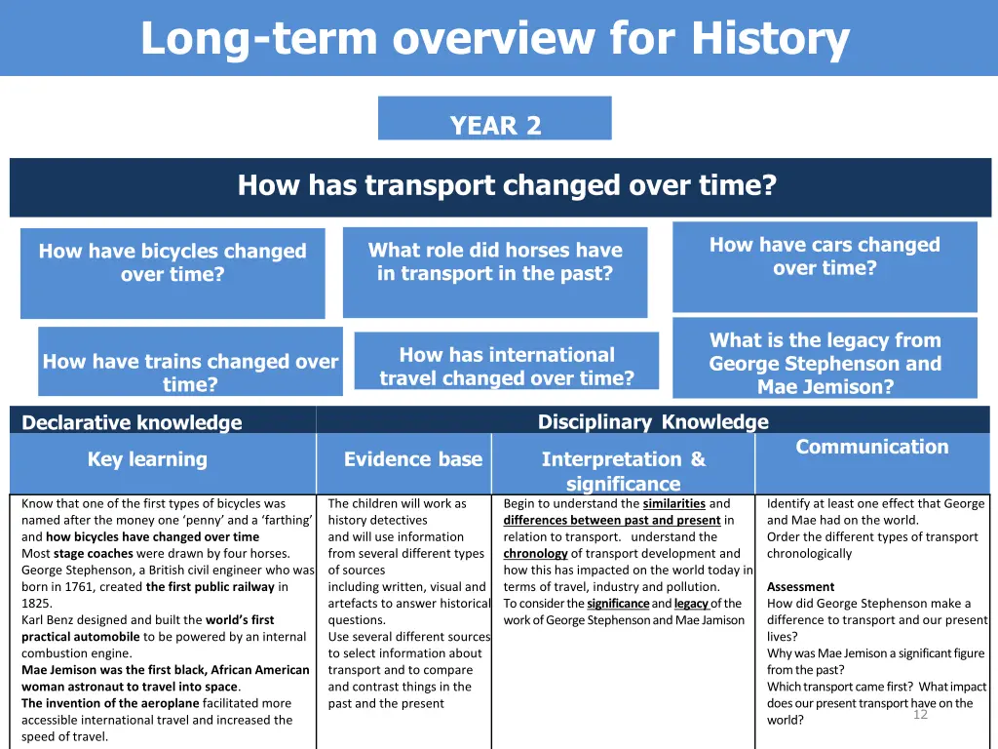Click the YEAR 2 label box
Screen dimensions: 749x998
[x=495, y=126]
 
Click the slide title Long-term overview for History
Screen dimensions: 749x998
[x=495, y=39]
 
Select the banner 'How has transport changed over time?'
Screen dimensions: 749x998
[x=507, y=185]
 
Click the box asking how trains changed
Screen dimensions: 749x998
[x=190, y=373]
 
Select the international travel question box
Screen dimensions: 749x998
[x=507, y=366]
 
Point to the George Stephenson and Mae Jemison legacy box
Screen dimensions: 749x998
[x=825, y=363]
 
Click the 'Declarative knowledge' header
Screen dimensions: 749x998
[x=132, y=422]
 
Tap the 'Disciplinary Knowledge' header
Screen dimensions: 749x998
[x=653, y=421]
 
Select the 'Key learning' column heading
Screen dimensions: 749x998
[x=147, y=459]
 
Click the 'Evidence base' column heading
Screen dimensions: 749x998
[x=413, y=459]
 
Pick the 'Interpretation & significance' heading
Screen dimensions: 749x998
[x=623, y=471]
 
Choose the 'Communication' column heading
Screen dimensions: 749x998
[x=871, y=447]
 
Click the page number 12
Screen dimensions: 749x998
[x=920, y=715]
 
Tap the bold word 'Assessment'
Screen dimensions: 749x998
[x=800, y=587]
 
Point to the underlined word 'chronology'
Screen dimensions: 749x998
[x=535, y=554]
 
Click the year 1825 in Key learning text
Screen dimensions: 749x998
[x=36, y=604]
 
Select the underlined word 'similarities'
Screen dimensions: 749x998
[x=673, y=504]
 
